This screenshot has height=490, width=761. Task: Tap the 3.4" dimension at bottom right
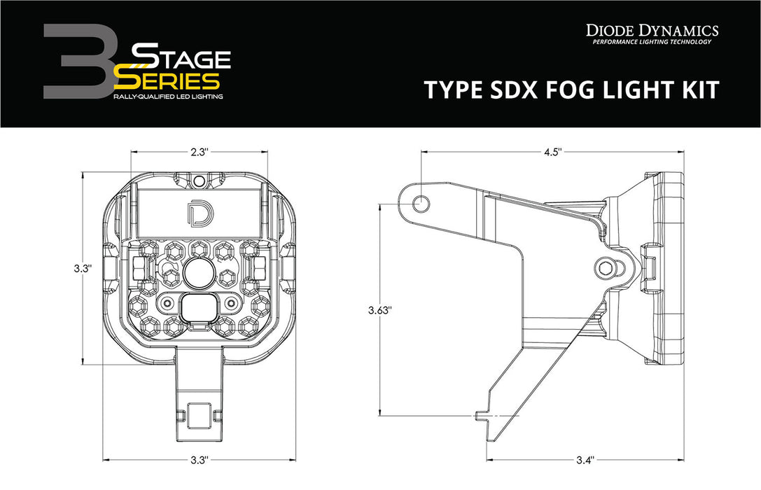[585, 460]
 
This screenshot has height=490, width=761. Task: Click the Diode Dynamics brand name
[652, 30]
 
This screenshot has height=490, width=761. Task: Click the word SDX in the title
[519, 90]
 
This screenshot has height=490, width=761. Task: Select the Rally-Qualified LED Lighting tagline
[168, 96]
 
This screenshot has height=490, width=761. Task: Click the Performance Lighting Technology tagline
[652, 43]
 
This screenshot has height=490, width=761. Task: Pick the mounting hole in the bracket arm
[421, 203]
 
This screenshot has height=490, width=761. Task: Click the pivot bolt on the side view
[607, 266]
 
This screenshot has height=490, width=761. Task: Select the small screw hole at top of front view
[199, 181]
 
